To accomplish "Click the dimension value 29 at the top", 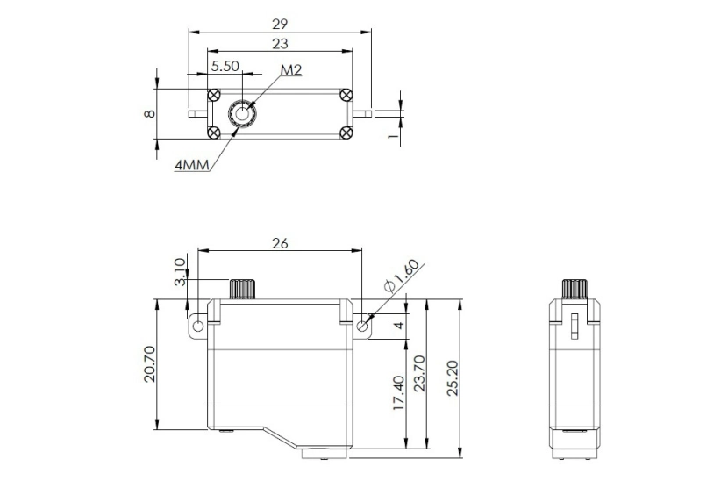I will (280, 24).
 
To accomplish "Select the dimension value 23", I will (280, 43).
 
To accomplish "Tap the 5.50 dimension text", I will (224, 65).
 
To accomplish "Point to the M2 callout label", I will (291, 69).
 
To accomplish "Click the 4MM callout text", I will (191, 165).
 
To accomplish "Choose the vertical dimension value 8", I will (150, 113).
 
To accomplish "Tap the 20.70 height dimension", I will (150, 364).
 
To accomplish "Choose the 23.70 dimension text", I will (418, 373).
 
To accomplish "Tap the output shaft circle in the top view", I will (240, 113).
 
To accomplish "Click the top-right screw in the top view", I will (346, 94).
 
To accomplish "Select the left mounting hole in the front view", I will (199, 326).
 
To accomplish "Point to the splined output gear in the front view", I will (241, 289).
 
